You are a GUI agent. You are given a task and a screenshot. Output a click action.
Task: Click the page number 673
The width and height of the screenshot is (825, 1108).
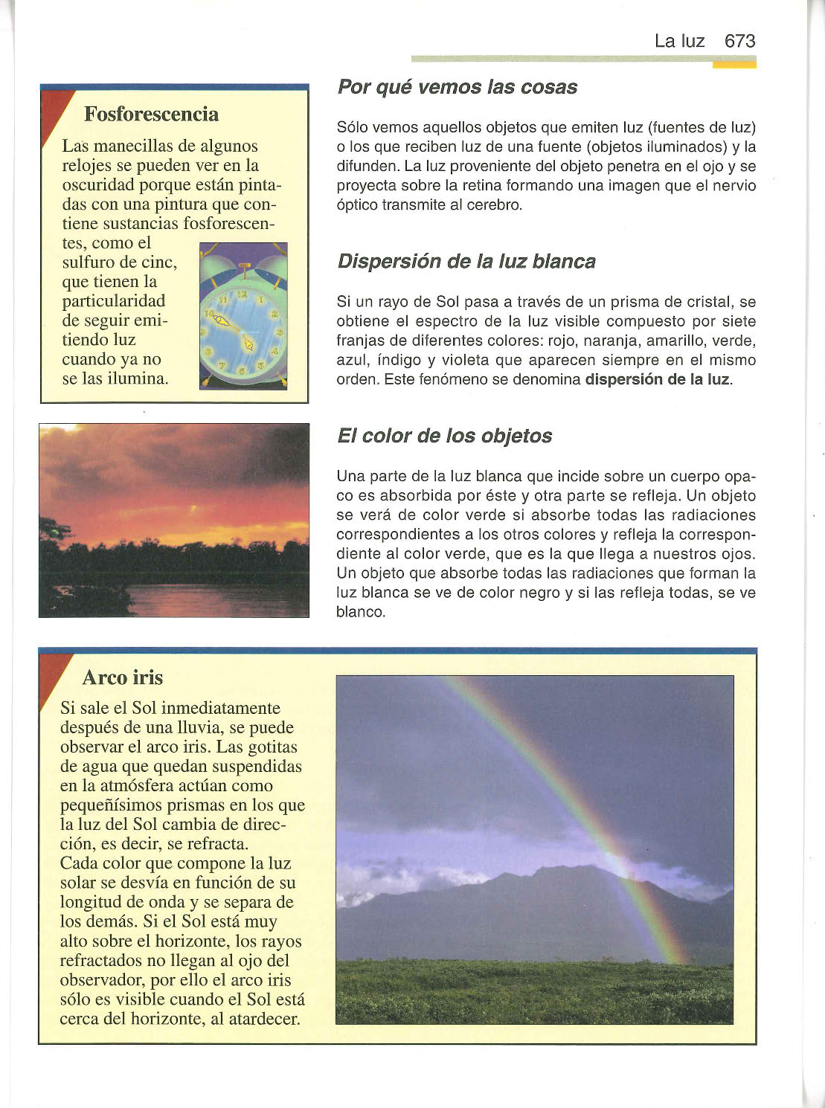click(739, 41)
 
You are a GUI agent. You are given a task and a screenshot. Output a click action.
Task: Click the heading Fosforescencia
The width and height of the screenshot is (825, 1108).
click(151, 114)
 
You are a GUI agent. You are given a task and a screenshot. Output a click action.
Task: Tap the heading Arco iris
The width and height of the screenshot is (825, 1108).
click(122, 677)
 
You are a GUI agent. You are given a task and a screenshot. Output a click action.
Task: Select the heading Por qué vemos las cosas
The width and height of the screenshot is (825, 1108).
click(457, 87)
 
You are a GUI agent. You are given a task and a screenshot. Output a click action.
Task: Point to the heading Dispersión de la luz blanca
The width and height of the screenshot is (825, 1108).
click(466, 262)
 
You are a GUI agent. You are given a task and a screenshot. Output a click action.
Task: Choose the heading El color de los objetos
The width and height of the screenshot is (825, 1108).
click(444, 436)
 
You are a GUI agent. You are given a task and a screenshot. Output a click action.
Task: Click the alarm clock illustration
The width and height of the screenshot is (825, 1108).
click(243, 316)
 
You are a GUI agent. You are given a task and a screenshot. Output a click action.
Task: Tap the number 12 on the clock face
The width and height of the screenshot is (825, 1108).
click(243, 294)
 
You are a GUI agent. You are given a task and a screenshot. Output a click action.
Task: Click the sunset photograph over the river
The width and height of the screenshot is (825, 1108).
click(174, 520)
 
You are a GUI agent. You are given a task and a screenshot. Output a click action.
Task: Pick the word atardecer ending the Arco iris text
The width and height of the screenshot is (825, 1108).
click(265, 1019)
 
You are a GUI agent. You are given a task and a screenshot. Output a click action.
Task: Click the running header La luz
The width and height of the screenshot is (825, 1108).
click(678, 41)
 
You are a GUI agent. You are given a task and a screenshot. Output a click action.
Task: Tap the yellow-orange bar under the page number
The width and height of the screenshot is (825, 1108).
click(733, 65)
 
